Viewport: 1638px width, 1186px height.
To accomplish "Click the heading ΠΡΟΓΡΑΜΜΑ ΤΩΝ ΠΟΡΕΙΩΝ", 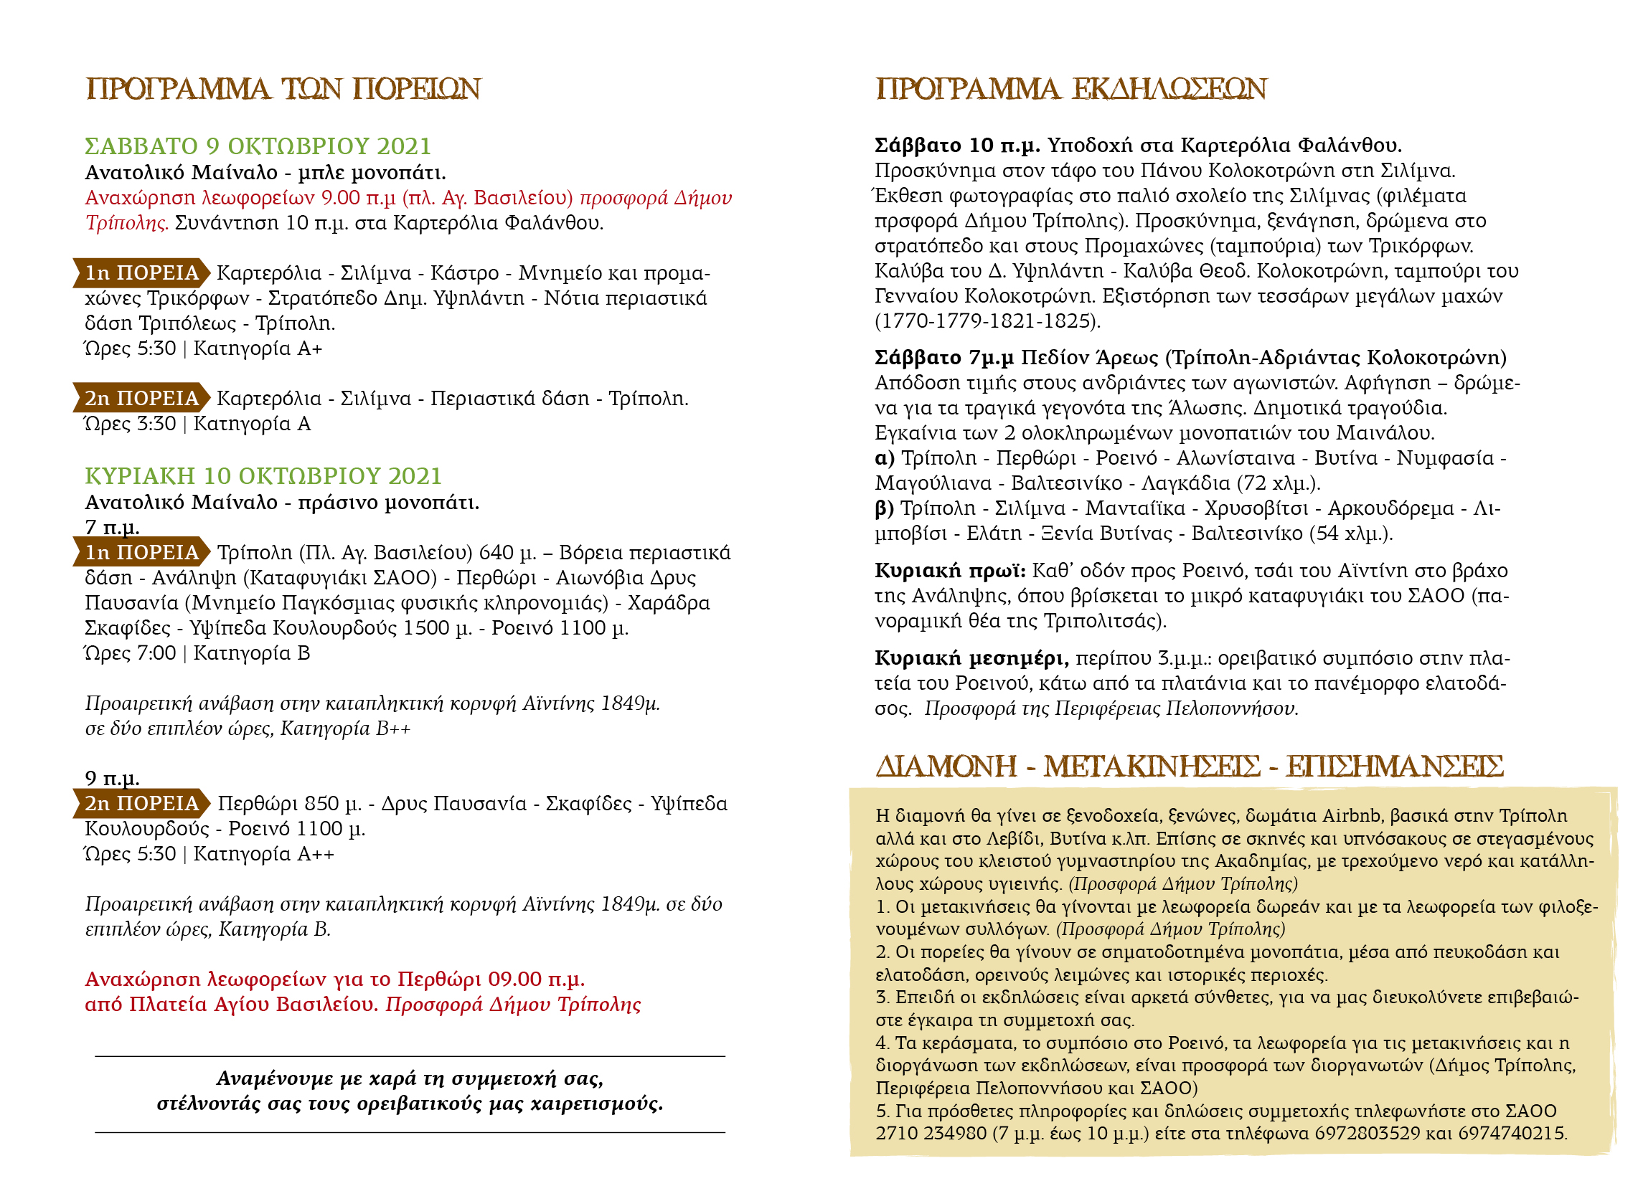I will tap(283, 89).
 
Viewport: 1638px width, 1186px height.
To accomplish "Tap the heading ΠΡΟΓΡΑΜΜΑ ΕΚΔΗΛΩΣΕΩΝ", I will tap(1071, 89).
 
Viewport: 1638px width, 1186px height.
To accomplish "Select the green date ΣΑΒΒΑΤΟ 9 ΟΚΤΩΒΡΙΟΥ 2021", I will tap(258, 146).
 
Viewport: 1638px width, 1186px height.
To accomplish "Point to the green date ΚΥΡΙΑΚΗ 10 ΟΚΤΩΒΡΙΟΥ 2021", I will tap(263, 475).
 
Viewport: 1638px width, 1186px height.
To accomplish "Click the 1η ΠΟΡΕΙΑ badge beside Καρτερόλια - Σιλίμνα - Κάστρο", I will tap(141, 273).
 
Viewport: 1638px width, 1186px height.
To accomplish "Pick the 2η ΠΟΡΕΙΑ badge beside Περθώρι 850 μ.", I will tap(141, 803).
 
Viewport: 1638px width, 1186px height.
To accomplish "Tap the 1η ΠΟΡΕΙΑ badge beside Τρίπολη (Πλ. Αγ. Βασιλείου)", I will tap(141, 552).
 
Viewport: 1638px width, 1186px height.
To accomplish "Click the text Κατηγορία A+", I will tap(258, 348).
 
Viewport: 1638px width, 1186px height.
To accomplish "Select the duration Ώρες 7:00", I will tap(130, 653).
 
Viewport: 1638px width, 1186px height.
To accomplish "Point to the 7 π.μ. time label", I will tap(112, 527).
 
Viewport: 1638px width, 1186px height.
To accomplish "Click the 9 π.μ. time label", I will tap(112, 778).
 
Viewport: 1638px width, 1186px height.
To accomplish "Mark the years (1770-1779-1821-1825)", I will tap(987, 321).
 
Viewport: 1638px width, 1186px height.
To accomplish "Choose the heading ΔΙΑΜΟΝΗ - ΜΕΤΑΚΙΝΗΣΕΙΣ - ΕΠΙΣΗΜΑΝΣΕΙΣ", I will tap(1189, 767).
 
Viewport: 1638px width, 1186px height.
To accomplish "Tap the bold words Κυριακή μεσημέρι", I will tap(971, 658).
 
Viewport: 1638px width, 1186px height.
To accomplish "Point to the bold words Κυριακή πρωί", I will tap(949, 571).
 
